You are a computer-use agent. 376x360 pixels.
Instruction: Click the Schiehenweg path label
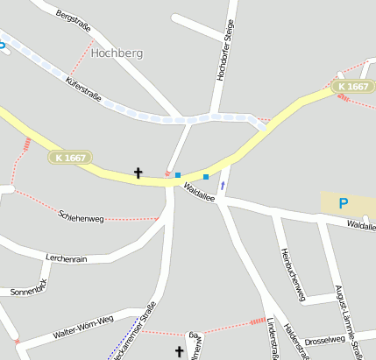(x=81, y=214)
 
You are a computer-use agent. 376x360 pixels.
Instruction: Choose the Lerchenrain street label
(x=66, y=258)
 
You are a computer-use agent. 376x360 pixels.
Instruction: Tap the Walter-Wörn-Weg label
(x=83, y=331)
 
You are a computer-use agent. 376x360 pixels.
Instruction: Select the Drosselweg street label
(x=325, y=339)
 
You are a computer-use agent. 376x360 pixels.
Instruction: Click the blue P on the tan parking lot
(x=344, y=203)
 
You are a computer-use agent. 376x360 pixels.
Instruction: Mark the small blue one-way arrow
(x=223, y=185)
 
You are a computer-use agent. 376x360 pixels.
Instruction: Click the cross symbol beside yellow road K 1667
(x=138, y=173)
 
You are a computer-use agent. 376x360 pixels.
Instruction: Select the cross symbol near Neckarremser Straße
(x=180, y=352)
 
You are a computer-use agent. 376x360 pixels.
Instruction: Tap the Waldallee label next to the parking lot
(x=360, y=225)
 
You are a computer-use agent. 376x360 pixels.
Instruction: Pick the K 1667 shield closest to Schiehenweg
(x=69, y=158)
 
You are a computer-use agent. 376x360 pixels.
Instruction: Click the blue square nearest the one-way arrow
(x=206, y=177)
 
